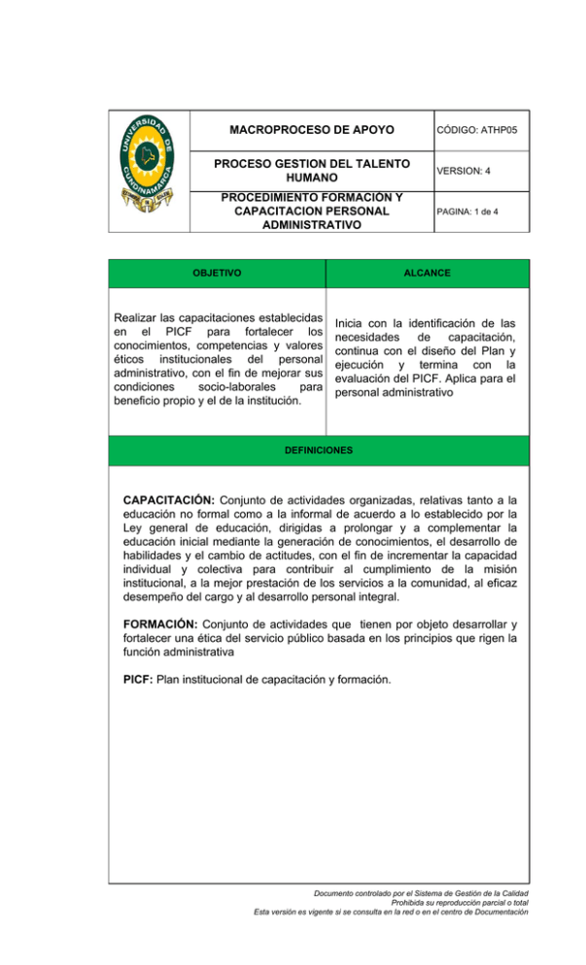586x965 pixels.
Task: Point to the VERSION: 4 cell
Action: (463, 171)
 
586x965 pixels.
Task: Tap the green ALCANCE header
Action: (428, 274)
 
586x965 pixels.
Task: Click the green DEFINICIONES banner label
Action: (319, 451)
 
